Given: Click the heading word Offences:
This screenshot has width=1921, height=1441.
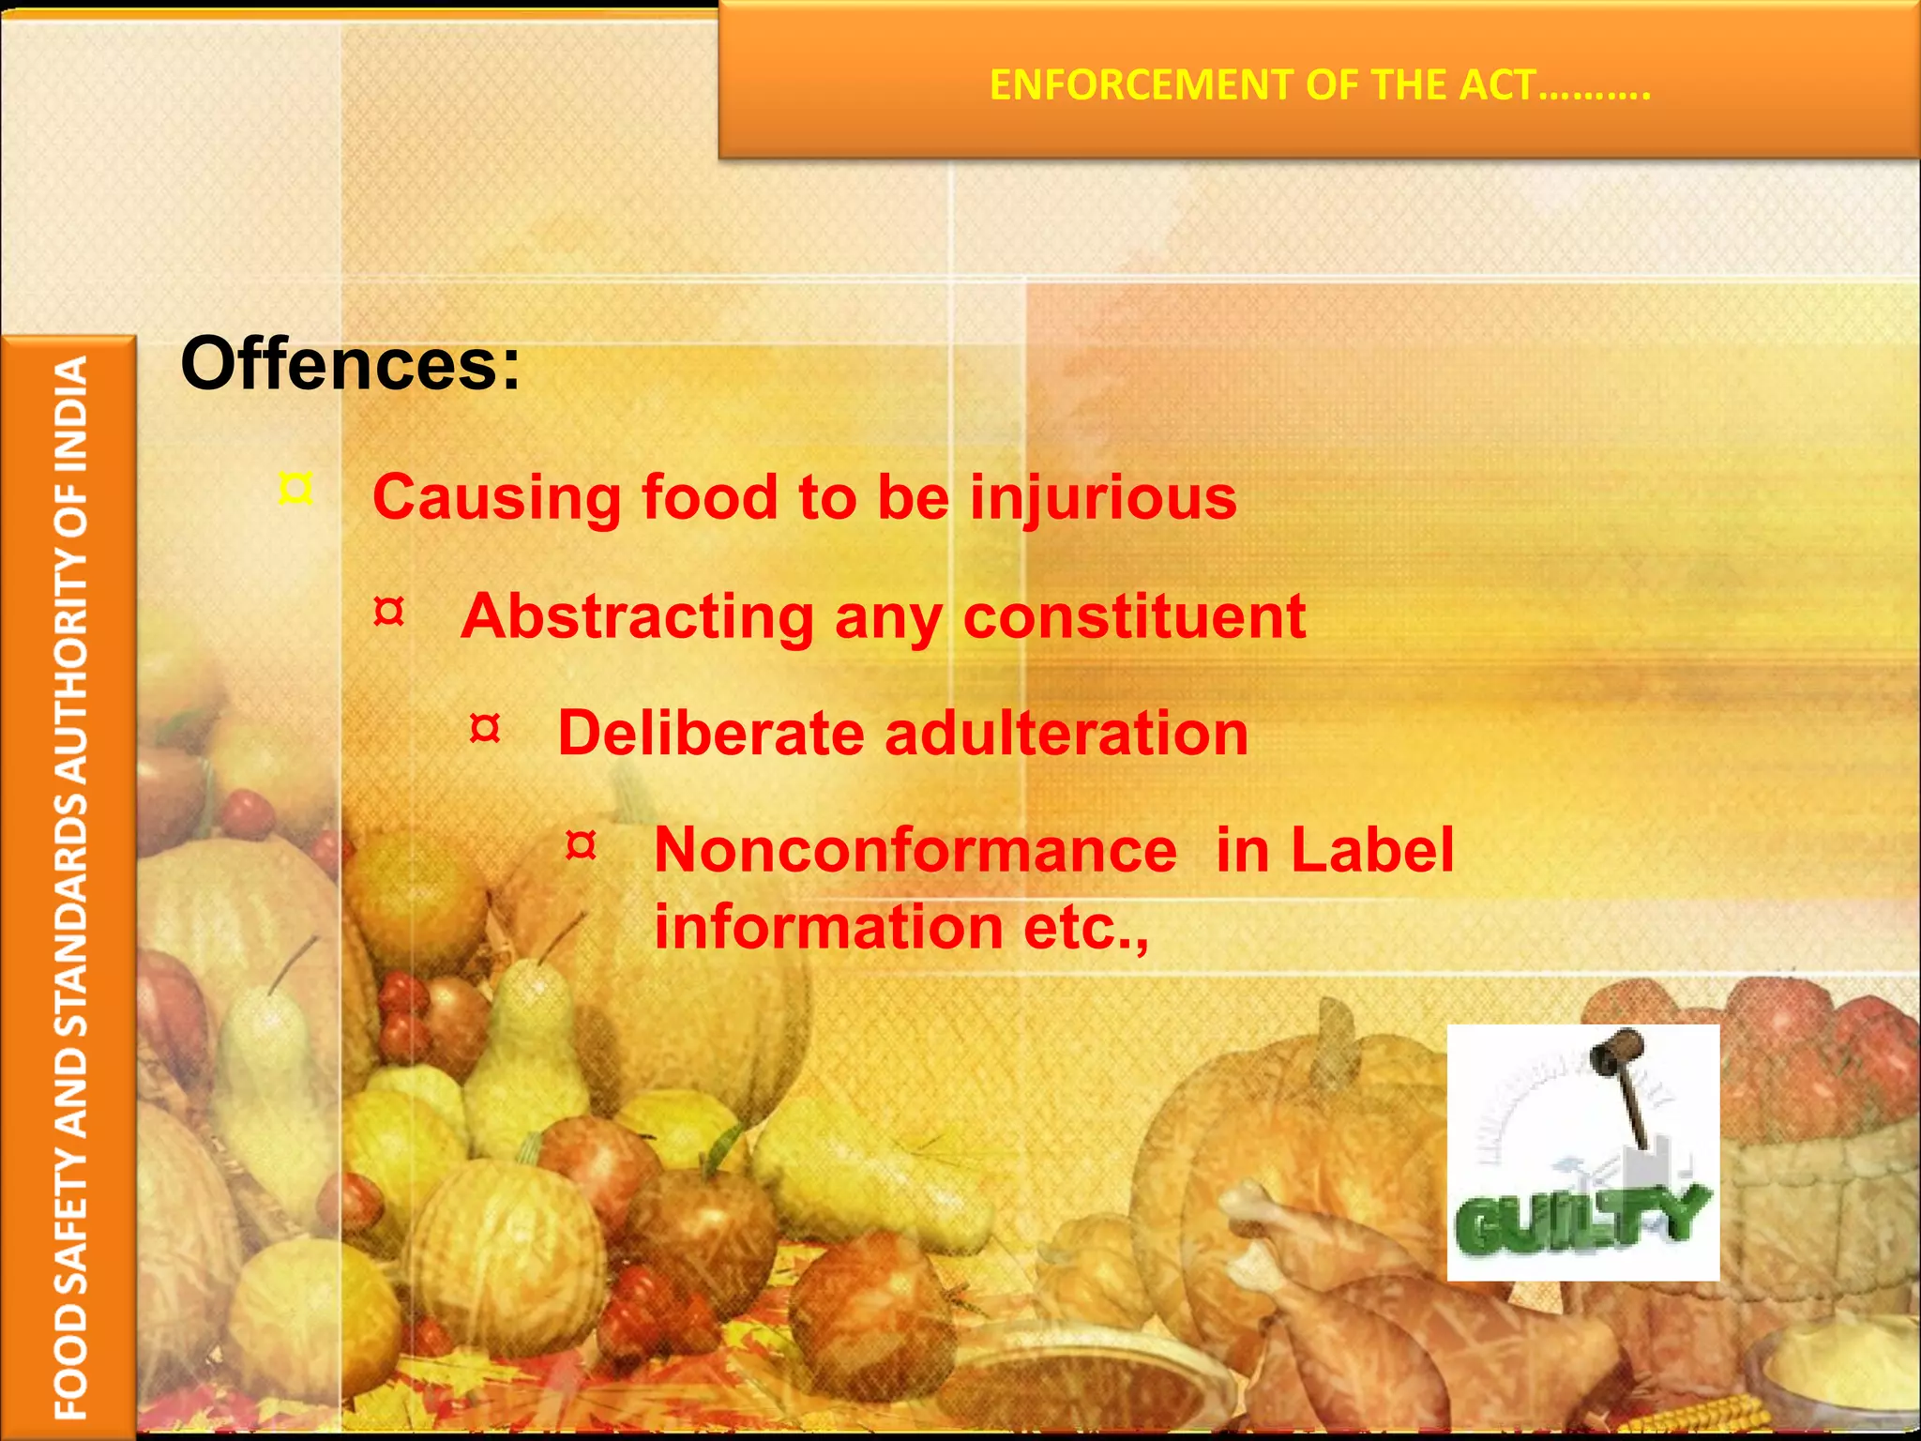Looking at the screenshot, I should (350, 364).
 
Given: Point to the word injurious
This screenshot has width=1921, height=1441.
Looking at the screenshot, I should (1103, 497).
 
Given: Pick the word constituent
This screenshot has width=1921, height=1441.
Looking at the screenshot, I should (1134, 616).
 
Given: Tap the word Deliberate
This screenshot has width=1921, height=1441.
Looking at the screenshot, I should (710, 733).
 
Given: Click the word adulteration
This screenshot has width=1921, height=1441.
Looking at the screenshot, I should (1066, 733).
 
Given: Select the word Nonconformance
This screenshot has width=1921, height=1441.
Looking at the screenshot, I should (915, 850).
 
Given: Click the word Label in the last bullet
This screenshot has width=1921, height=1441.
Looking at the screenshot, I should (1371, 850).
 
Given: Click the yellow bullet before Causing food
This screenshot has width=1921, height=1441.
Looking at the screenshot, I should (295, 489).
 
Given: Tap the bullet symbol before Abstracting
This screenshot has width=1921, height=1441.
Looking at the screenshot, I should (388, 613).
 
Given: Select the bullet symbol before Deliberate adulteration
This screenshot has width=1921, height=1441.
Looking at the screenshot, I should (485, 729).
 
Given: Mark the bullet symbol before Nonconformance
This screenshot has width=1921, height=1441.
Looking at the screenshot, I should (582, 845).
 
